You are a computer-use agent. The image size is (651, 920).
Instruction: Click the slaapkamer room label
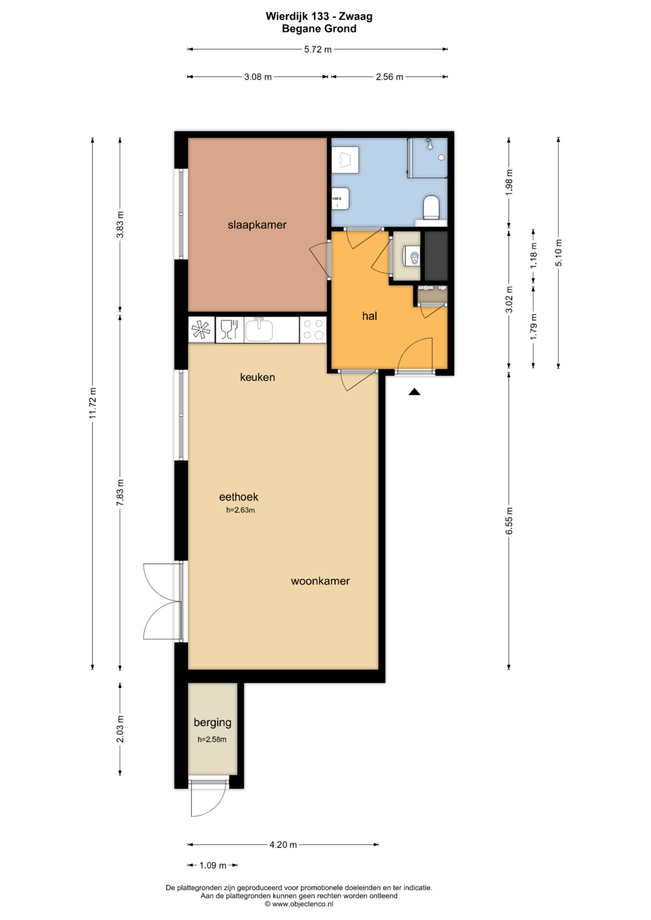tap(257, 225)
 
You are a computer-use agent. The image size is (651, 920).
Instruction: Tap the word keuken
tap(258, 377)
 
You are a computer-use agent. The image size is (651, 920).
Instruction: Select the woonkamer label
tap(320, 581)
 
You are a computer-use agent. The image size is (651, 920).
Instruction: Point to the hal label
tap(370, 316)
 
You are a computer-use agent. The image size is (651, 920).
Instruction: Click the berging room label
tap(212, 722)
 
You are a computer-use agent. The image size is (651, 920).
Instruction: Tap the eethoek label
tap(238, 497)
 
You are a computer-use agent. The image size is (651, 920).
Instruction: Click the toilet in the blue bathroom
tap(431, 207)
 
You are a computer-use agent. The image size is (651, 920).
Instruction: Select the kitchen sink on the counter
tap(259, 330)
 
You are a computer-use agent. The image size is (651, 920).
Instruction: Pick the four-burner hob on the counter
tap(313, 330)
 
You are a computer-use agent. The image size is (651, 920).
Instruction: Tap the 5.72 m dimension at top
tap(318, 49)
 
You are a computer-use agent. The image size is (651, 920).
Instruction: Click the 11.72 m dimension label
tap(92, 403)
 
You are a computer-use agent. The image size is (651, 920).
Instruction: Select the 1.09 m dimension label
tap(213, 865)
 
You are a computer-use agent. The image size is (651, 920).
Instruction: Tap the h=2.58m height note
tap(212, 740)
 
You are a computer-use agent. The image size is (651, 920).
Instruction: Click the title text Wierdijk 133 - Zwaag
tap(319, 16)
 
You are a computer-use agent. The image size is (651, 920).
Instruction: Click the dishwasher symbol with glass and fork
tap(229, 330)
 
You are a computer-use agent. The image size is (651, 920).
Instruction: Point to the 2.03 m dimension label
tap(120, 729)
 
